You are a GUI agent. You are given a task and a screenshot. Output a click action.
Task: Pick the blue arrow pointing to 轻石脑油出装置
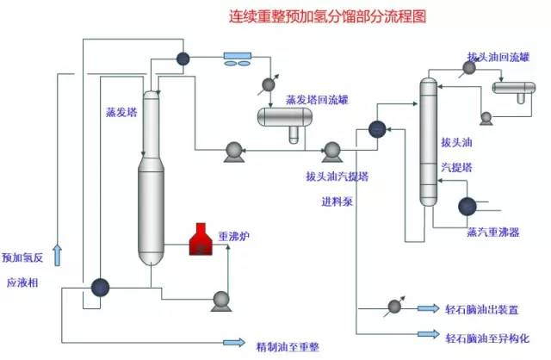point(427,307)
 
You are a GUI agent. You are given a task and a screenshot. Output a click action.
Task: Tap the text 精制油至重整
point(288,346)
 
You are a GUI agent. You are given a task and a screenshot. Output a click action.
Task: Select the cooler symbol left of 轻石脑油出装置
point(395,307)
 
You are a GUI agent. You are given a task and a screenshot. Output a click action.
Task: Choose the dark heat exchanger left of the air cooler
point(183,59)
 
